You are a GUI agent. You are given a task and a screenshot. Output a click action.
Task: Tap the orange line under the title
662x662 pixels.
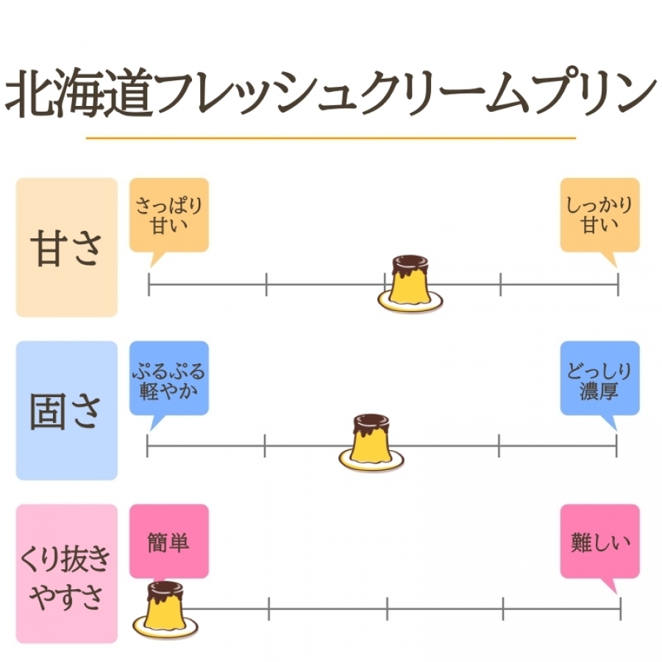click(x=330, y=138)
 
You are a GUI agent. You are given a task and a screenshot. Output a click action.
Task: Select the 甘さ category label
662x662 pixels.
click(x=67, y=248)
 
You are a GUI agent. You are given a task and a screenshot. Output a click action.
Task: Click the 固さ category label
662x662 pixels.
click(x=67, y=410)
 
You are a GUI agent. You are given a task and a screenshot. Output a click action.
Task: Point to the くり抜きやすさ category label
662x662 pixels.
click(x=67, y=574)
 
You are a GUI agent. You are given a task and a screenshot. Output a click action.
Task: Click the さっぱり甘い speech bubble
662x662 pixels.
click(x=168, y=214)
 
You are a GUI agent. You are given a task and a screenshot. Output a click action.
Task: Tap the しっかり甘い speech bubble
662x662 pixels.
click(x=599, y=216)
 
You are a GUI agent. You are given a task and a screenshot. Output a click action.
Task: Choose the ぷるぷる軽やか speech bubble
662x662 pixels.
click(x=168, y=378)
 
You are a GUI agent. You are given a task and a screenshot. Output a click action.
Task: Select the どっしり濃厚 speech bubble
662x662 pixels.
click(x=599, y=380)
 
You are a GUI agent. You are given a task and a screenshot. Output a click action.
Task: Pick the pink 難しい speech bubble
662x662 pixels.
click(x=599, y=542)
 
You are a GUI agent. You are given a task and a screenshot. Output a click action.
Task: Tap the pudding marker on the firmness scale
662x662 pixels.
click(x=371, y=444)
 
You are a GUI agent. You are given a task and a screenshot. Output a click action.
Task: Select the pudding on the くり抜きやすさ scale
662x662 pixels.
click(x=165, y=607)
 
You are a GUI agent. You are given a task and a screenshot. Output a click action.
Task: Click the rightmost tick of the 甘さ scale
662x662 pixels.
click(x=618, y=283)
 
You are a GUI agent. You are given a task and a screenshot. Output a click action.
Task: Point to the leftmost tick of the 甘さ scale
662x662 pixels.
click(x=149, y=283)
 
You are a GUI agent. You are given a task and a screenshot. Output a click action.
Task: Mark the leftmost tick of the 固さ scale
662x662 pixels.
click(x=148, y=446)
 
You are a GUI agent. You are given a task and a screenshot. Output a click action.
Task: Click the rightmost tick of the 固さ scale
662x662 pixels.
click(x=616, y=446)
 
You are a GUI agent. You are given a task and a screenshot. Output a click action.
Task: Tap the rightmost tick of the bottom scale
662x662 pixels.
click(x=621, y=608)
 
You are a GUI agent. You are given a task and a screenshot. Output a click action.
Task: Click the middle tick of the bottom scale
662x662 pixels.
click(x=387, y=608)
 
